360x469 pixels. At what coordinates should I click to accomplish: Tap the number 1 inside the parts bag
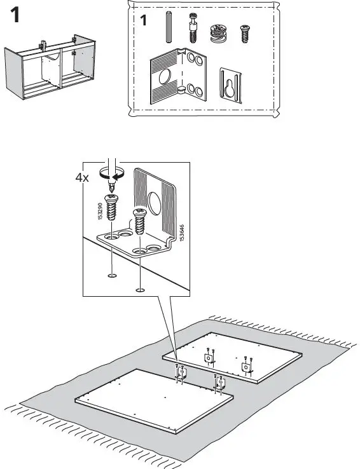click(144, 21)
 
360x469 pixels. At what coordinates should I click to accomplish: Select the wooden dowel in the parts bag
click(169, 27)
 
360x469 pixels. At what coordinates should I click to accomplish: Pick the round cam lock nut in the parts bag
click(218, 32)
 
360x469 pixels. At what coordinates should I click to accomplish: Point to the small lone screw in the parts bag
click(243, 33)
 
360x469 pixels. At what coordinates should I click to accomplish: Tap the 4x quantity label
click(82, 177)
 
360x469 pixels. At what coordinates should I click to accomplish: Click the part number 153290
click(100, 212)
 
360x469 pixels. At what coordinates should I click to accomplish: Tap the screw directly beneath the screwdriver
click(113, 207)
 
